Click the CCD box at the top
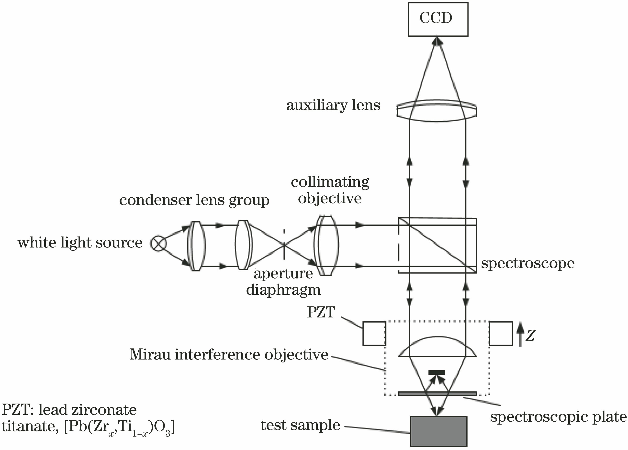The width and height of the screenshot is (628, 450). point(438,19)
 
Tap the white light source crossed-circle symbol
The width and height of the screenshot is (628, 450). point(158,243)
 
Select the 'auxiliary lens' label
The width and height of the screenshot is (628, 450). point(333,105)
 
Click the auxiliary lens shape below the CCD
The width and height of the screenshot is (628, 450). point(437,111)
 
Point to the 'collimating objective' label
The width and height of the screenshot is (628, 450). point(330,190)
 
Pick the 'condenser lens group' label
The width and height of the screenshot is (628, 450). point(194,200)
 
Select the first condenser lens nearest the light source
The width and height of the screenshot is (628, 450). point(196,246)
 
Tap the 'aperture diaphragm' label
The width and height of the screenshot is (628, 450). point(283,282)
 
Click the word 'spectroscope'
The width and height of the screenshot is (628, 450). point(527,263)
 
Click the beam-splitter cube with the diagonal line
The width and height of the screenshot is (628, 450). point(437,246)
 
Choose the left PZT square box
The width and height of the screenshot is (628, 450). point(374,333)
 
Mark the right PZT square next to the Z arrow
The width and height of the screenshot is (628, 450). point(501,333)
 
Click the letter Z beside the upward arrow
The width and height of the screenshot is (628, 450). point(530,336)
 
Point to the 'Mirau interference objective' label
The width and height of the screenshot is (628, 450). point(229,355)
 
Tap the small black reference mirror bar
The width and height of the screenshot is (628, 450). point(436,372)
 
